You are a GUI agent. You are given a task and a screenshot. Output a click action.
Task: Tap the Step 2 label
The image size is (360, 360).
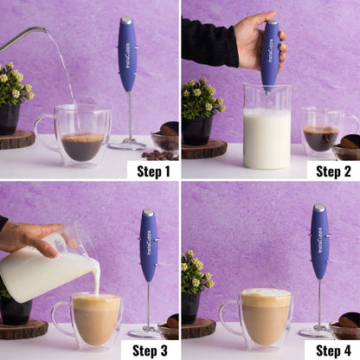(332, 170)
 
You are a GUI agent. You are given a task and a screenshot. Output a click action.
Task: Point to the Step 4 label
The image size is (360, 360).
(332, 350)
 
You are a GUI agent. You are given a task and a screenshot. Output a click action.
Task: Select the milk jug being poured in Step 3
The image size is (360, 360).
(48, 264)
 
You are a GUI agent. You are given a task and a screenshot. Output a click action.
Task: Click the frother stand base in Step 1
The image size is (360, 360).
(126, 145)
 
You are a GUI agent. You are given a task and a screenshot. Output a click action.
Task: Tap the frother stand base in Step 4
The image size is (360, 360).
(316, 332)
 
